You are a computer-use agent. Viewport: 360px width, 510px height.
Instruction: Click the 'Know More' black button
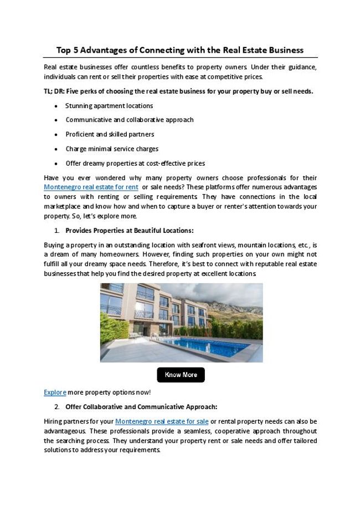point(181,375)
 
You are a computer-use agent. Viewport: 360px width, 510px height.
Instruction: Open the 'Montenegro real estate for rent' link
point(91,187)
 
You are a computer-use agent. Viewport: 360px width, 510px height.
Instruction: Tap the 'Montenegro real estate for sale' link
point(162,421)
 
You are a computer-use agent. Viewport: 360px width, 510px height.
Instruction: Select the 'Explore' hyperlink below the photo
point(55,392)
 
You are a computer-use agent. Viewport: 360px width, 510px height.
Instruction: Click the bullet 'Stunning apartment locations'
point(109,105)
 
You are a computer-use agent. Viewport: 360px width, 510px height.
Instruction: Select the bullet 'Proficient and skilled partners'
point(110,134)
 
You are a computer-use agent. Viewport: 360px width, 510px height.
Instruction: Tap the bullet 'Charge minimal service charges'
point(112,149)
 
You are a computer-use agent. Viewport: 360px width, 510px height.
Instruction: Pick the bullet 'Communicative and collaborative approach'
point(130,120)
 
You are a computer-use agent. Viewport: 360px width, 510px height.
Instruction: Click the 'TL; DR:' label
point(54,91)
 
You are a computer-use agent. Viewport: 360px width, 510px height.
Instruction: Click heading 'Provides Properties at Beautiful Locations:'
point(129,230)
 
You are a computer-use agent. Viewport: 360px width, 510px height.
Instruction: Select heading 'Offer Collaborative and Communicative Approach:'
point(141,406)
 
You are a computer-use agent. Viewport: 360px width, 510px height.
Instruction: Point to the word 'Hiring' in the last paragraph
point(53,421)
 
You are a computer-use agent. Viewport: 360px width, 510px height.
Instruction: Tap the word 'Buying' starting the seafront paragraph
point(54,244)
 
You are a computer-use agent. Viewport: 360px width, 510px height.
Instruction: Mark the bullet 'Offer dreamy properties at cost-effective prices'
point(135,163)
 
